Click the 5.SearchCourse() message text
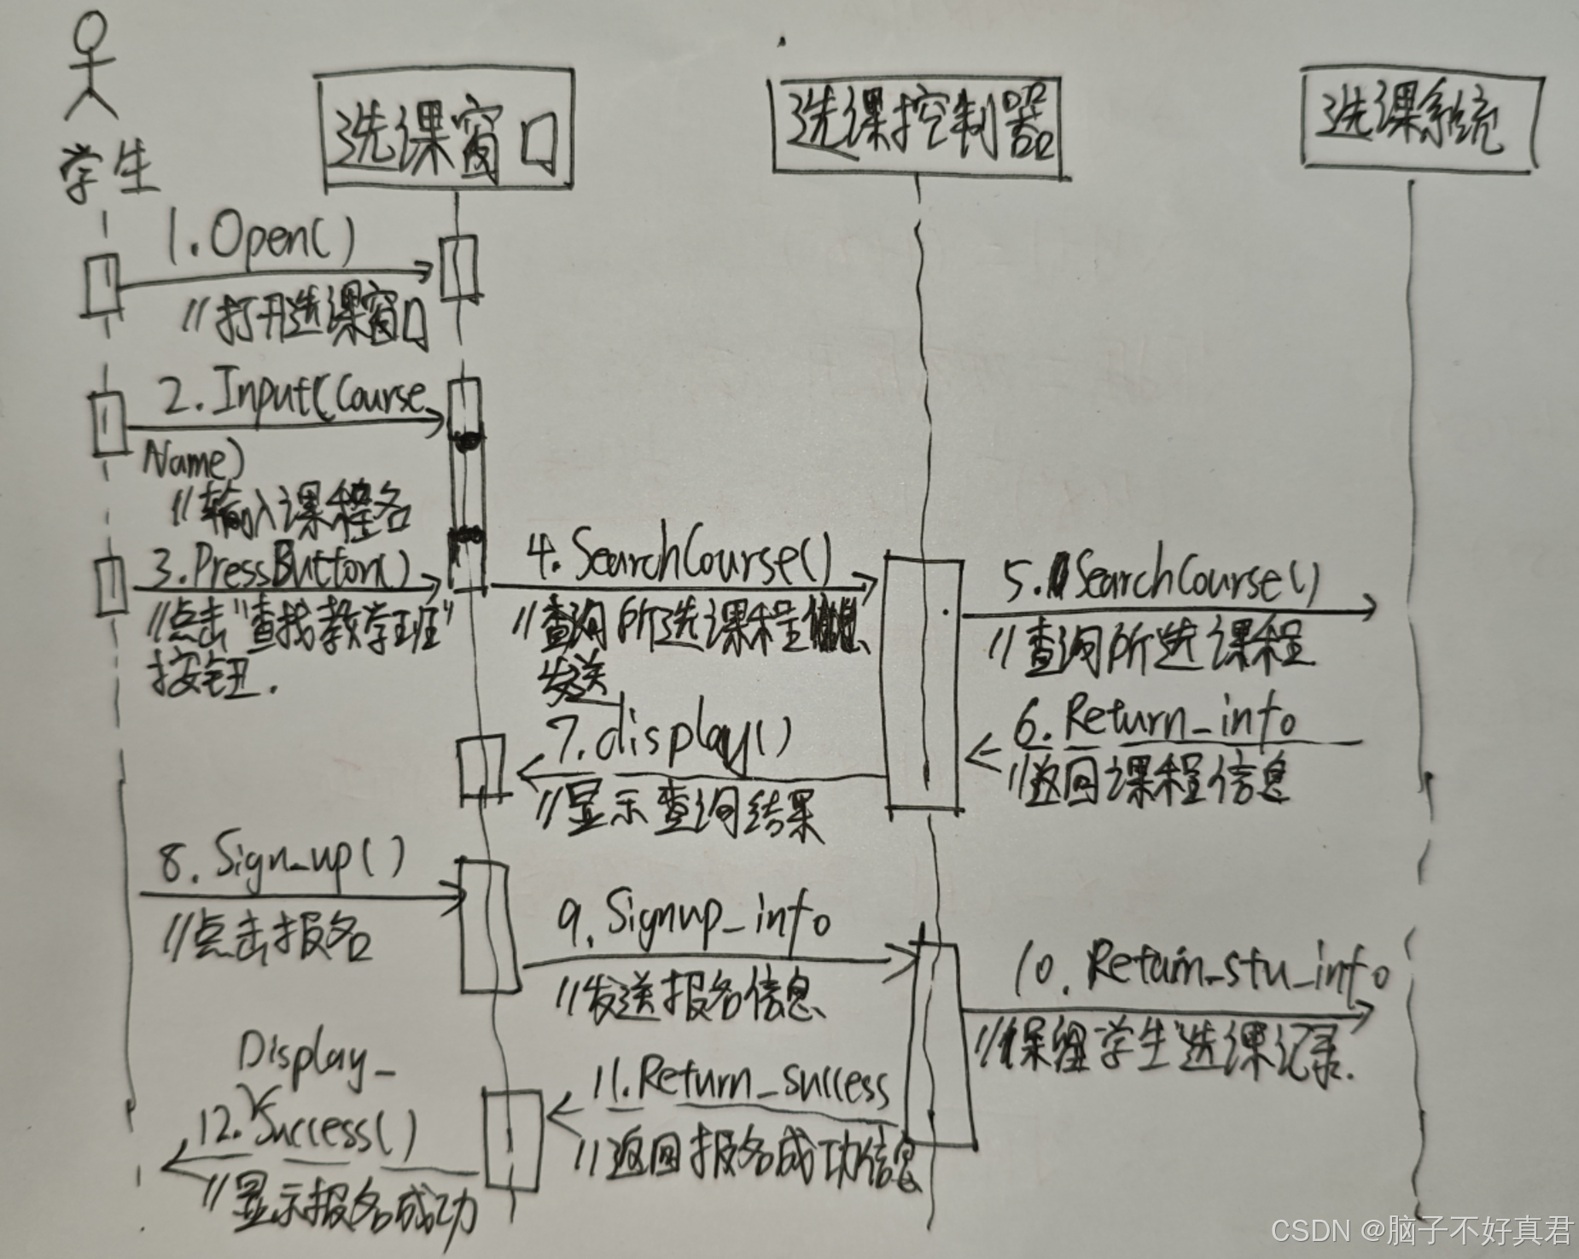(x=1161, y=580)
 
